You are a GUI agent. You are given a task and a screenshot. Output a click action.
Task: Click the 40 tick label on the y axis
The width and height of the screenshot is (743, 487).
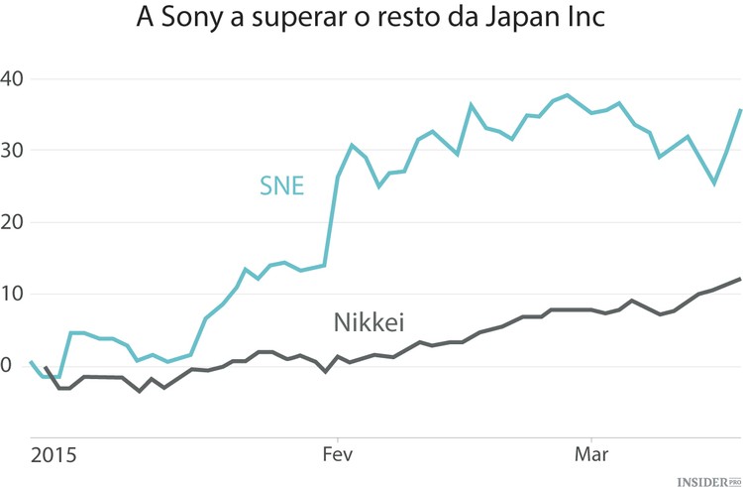[15, 78]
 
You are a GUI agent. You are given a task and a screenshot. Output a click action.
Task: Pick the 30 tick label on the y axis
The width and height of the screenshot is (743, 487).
[15, 151]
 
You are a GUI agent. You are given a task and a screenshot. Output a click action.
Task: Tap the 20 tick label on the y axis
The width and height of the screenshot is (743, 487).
[15, 223]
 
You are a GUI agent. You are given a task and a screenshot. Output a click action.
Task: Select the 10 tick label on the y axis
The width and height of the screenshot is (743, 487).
[15, 295]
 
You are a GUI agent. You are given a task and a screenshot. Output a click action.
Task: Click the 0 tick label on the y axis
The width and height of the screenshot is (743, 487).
[7, 367]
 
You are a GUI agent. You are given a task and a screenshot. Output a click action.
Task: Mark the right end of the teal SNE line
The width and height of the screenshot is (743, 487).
[740, 109]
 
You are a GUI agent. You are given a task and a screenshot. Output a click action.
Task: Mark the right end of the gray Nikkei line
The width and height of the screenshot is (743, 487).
[740, 279]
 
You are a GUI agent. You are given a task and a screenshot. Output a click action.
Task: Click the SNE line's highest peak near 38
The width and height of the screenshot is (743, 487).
[567, 95]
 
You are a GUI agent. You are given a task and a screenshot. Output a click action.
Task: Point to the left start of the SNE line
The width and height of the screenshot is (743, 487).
[31, 362]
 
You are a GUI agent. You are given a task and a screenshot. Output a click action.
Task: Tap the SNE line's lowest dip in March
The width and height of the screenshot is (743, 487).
[714, 183]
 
